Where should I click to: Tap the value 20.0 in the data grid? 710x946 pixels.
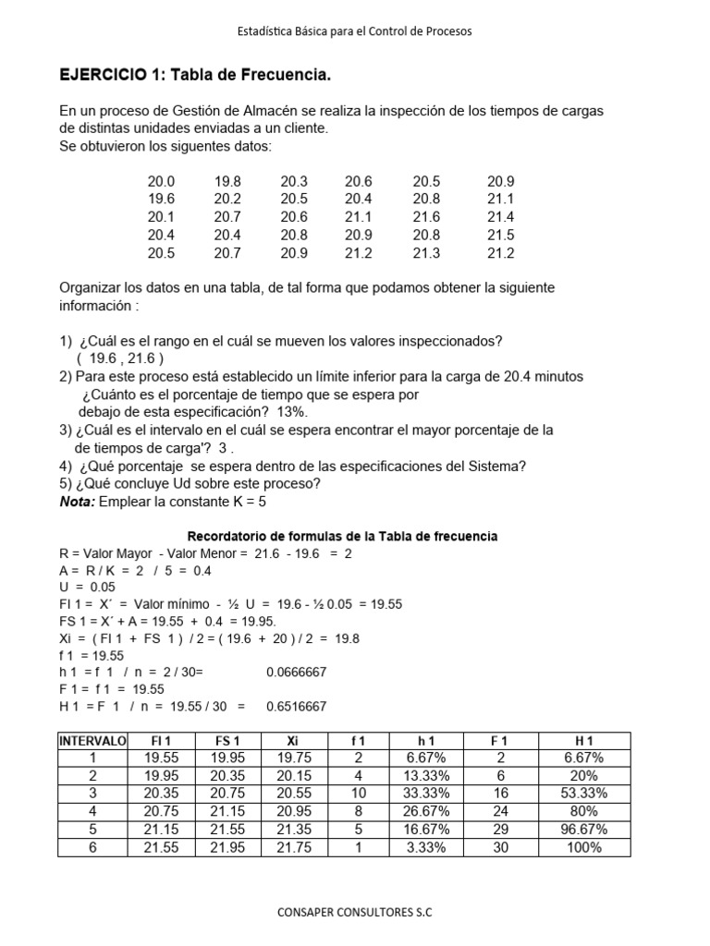coord(161,182)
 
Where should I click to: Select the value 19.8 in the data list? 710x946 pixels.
coord(226,182)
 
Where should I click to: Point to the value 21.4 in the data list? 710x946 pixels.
coord(500,217)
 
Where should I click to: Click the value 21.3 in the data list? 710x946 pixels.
coord(426,252)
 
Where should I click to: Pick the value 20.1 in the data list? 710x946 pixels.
coord(161,217)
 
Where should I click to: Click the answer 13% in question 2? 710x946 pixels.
coord(292,412)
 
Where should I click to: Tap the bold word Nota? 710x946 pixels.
coord(77,501)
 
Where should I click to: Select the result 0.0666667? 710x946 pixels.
coord(296,673)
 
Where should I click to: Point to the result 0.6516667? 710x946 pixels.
coord(296,706)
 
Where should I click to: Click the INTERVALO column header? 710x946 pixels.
coord(92,741)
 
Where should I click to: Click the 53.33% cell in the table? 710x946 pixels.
coord(584,793)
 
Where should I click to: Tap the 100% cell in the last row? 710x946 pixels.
coord(584,846)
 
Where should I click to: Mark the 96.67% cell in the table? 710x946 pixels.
coord(584,829)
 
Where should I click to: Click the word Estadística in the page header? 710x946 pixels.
coord(263,30)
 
